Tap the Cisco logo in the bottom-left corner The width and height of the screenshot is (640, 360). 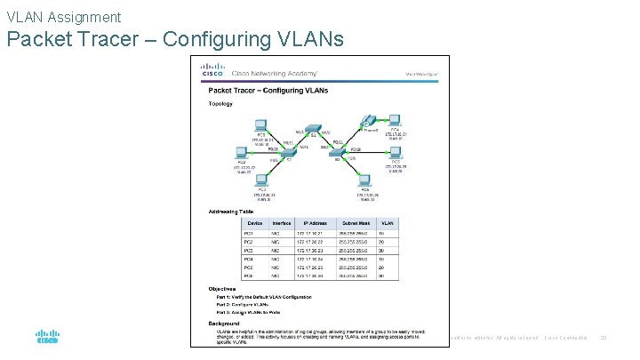pyautogui.click(x=46, y=338)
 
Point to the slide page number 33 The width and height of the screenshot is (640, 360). pyautogui.click(x=603, y=337)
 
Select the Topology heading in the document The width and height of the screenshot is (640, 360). pyautogui.click(x=220, y=103)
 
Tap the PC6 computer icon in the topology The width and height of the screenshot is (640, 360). pyautogui.click(x=364, y=180)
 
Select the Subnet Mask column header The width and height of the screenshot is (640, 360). pyautogui.click(x=363, y=223)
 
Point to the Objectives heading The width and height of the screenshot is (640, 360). pyautogui.click(x=223, y=289)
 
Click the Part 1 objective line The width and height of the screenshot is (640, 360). pyautogui.click(x=259, y=297)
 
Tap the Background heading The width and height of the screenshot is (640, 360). pyautogui.click(x=225, y=323)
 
